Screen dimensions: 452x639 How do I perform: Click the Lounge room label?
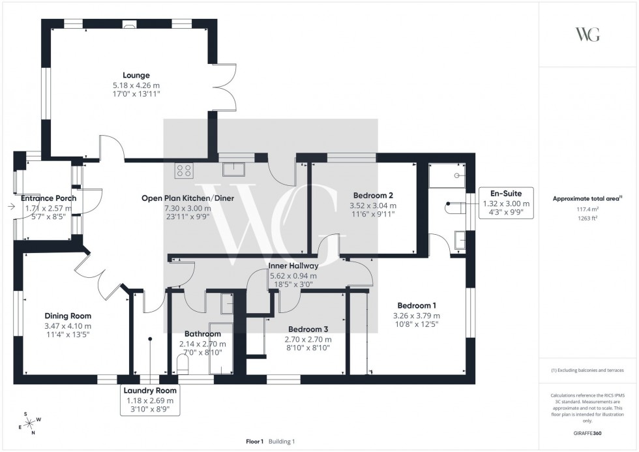[136, 75]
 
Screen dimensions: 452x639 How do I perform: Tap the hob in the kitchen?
[184, 170]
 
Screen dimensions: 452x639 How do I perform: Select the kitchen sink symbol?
[233, 170]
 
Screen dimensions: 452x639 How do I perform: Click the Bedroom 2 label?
[373, 195]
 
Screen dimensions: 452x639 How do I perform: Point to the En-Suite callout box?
[505, 203]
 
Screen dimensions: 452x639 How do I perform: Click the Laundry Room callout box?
[150, 400]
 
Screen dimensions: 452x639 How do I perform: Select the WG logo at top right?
[587, 35]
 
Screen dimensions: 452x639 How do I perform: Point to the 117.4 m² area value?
[587, 209]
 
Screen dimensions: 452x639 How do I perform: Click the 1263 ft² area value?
[587, 218]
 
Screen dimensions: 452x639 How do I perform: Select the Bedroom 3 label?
[308, 329]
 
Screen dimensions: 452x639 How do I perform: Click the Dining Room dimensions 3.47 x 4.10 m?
[68, 326]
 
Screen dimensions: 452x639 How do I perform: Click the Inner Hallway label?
[293, 266]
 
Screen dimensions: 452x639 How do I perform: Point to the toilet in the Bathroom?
[183, 363]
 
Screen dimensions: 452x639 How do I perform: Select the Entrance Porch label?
[49, 198]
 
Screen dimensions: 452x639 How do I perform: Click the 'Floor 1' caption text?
[254, 442]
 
